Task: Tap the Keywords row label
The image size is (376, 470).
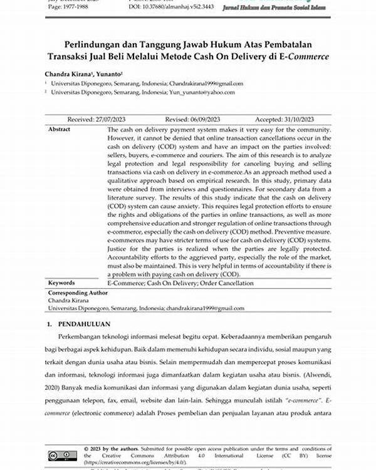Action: point(63,283)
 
